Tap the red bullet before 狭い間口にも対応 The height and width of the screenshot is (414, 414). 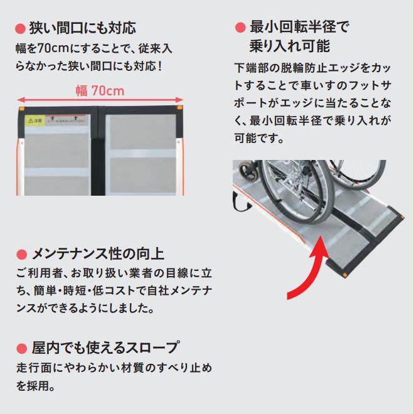pyautogui.click(x=19, y=29)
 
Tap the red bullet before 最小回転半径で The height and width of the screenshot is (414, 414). pyautogui.click(x=239, y=27)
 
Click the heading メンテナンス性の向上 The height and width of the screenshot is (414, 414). pyautogui.click(x=98, y=254)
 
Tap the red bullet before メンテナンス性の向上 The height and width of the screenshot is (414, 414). pyautogui.click(x=20, y=255)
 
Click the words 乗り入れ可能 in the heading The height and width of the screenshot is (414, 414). pyautogui.click(x=289, y=46)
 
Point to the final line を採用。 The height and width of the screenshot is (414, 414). pyautogui.click(x=35, y=385)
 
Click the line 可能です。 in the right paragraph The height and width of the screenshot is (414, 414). pyautogui.click(x=258, y=137)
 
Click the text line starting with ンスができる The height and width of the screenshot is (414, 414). pyautogui.click(x=85, y=309)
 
